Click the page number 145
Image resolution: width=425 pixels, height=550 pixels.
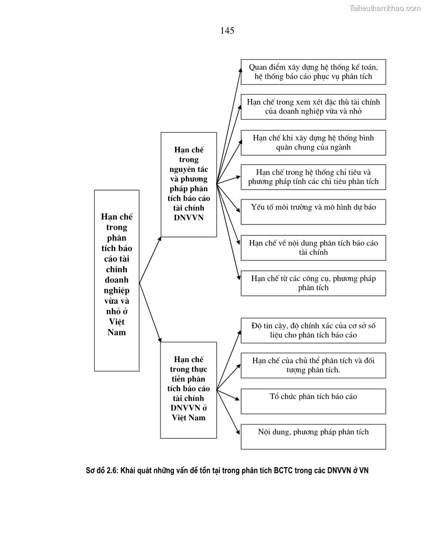pos(227,31)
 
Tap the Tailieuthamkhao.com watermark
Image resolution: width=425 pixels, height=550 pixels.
pos(384,8)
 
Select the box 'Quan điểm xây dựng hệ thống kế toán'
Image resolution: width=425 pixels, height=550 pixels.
pos(313,72)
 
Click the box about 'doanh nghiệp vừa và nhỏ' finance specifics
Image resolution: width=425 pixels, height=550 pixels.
pos(313,107)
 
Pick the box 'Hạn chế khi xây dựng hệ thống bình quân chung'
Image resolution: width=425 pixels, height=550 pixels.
pos(313,142)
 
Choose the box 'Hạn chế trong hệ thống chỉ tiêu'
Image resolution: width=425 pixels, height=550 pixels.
pos(313,177)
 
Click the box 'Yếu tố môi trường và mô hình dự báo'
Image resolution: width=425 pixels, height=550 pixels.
pos(313,211)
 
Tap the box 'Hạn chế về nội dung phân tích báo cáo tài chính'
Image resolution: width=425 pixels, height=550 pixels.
pos(313,247)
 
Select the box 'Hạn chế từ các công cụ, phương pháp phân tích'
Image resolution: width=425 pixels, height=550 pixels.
pos(313,283)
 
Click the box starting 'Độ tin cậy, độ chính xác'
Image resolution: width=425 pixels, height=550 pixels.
pos(313,330)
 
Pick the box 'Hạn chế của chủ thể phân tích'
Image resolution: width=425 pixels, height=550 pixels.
pos(313,365)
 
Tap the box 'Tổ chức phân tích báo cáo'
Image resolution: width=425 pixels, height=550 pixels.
pos(313,401)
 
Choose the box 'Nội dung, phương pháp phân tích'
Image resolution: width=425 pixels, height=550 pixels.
pos(313,436)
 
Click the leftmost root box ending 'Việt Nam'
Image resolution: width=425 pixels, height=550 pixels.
pos(117,280)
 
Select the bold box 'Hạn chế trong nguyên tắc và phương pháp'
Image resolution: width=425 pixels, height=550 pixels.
pos(189,184)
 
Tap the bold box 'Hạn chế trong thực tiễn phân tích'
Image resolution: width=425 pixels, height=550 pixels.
pos(189,389)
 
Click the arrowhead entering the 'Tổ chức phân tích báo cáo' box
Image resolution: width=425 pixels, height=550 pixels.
pos(238,400)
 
